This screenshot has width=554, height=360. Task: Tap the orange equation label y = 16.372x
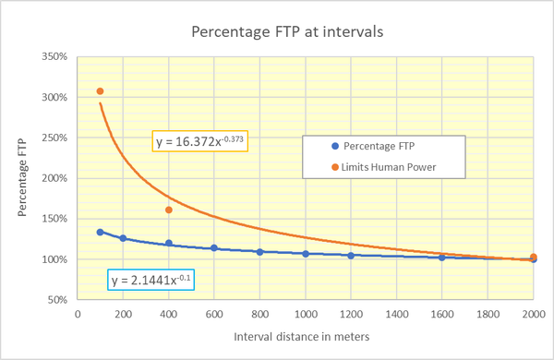pyautogui.click(x=202, y=141)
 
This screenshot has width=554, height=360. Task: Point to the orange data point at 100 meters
pyautogui.click(x=100, y=91)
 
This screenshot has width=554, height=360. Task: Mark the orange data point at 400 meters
pyautogui.click(x=169, y=210)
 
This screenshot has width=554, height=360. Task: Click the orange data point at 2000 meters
pyautogui.click(x=534, y=258)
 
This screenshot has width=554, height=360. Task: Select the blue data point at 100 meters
pyautogui.click(x=100, y=232)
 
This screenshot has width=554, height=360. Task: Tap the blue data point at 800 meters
pyautogui.click(x=260, y=252)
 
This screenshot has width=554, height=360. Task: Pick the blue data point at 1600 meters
pyautogui.click(x=442, y=258)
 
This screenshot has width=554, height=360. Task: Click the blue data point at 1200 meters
pyautogui.click(x=351, y=256)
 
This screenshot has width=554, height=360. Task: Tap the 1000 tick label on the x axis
pyautogui.click(x=305, y=314)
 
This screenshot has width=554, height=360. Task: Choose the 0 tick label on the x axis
pyautogui.click(x=78, y=314)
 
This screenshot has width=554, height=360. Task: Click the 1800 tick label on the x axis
pyautogui.click(x=488, y=314)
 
